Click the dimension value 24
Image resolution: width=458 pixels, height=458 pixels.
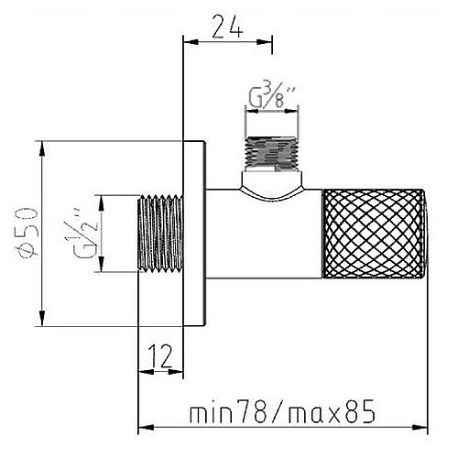click(x=228, y=27)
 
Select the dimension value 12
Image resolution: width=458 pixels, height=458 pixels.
click(x=161, y=356)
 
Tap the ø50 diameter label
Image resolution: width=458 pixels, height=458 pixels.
click(x=27, y=234)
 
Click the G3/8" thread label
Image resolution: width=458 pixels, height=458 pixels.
click(x=272, y=97)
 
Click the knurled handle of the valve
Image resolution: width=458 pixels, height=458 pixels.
click(x=374, y=234)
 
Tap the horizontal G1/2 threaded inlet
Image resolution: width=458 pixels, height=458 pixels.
click(x=160, y=234)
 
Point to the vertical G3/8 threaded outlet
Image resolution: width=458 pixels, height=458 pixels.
click(x=272, y=153)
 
